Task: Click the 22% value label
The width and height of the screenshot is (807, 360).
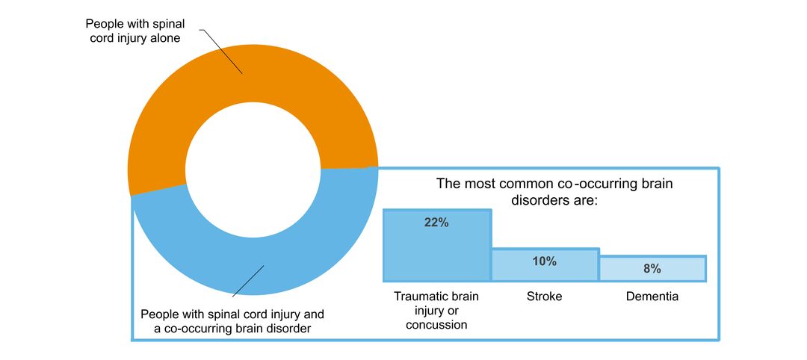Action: point(436,223)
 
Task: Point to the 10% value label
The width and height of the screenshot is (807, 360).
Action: point(545,261)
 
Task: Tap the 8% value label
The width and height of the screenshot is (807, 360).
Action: point(652,268)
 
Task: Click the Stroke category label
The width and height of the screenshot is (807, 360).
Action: point(545,297)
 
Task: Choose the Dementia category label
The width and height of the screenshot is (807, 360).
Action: point(652,297)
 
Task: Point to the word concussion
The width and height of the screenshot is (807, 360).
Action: point(436,325)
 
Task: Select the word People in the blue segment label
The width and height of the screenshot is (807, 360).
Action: point(158,313)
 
